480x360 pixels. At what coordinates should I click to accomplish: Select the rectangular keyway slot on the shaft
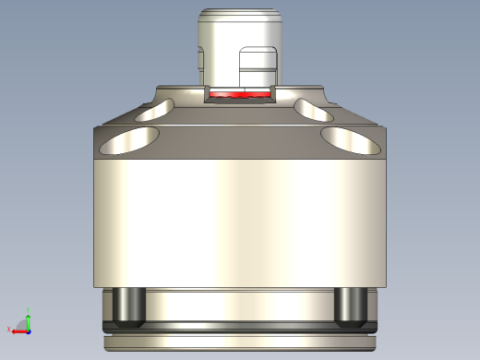click(258, 69)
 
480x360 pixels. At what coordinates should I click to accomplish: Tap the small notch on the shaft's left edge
click(200, 59)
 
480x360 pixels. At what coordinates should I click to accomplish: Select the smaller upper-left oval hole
click(151, 112)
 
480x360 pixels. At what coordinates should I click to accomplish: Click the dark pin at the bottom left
click(126, 306)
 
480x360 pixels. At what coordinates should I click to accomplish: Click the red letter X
click(7, 330)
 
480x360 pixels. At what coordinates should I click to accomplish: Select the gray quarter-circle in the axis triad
click(23, 326)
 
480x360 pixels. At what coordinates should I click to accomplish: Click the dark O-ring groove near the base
click(239, 328)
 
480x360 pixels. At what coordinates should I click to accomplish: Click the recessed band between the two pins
click(239, 305)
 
